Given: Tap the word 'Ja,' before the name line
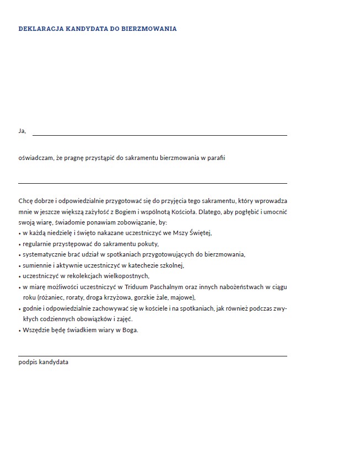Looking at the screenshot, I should (22, 131).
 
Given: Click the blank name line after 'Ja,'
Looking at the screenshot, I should (160, 135).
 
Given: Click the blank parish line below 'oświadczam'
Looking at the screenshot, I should (153, 183).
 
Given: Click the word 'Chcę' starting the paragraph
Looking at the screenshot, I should (26, 202).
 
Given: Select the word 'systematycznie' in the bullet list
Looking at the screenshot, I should (44, 254).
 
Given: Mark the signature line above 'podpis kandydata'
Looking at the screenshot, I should (153, 356).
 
